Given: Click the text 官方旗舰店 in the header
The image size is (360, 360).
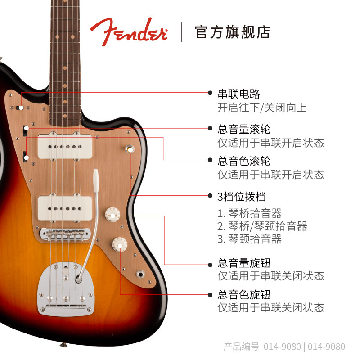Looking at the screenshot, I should pyautogui.click(x=232, y=32).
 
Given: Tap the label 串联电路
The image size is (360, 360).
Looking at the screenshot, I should pyautogui.click(x=238, y=94).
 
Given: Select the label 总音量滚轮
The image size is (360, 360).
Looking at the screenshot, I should pyautogui.click(x=244, y=129).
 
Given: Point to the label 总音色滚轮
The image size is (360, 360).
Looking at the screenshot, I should pyautogui.click(x=244, y=161).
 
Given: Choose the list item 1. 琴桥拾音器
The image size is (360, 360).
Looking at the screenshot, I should pyautogui.click(x=250, y=213).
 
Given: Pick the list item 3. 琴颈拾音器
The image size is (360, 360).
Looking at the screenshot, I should pyautogui.click(x=250, y=239).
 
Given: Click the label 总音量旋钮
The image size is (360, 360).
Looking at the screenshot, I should pyautogui.click(x=244, y=263).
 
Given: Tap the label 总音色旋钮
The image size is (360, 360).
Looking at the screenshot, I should pyautogui.click(x=244, y=295).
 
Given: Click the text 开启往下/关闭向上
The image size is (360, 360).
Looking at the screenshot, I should pyautogui.click(x=262, y=108).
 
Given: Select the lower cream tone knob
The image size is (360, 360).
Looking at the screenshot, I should pyautogui.click(x=120, y=244).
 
